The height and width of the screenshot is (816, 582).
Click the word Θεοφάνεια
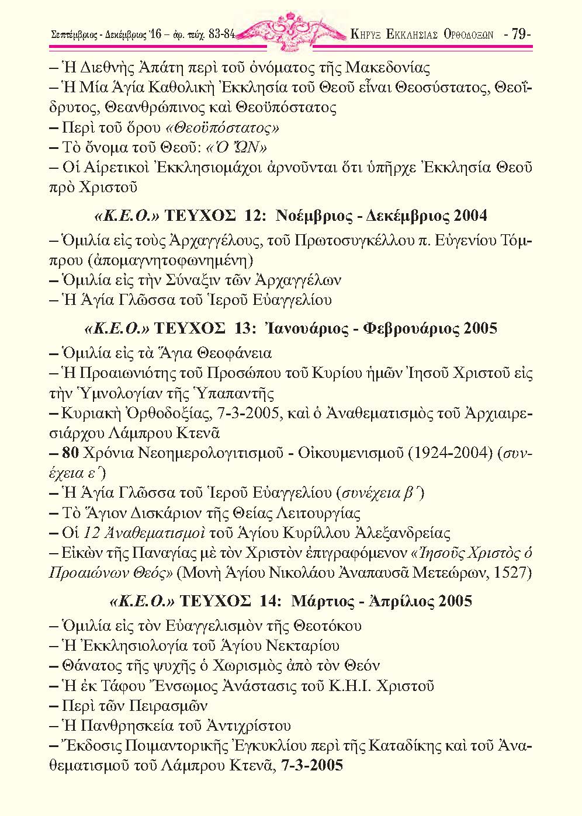pyautogui.click(x=235, y=353)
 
